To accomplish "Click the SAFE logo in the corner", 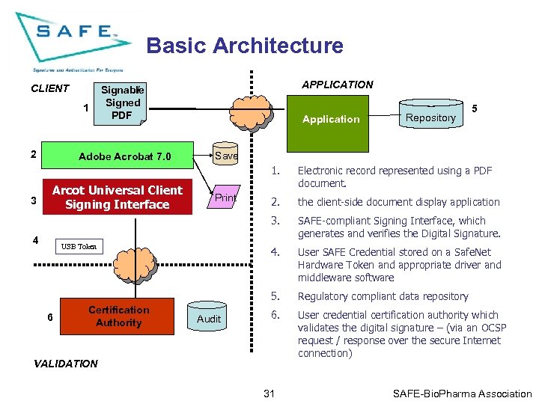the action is click(73, 42).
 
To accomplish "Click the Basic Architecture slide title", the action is click(245, 46).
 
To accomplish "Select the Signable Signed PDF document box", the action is click(121, 104).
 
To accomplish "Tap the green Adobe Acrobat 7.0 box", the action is click(118, 156).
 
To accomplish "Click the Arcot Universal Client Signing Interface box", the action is click(118, 197).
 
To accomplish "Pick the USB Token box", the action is click(79, 246).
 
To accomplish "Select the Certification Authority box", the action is click(118, 316).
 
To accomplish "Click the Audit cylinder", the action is click(207, 316).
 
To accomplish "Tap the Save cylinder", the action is click(225, 153).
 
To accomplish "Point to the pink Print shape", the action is click(224, 197).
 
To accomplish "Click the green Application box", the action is click(328, 123).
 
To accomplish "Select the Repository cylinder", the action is click(431, 114).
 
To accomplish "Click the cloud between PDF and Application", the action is click(252, 113).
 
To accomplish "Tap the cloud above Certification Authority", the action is click(135, 265).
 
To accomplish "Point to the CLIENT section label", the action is click(50, 88).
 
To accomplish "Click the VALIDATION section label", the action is click(66, 364).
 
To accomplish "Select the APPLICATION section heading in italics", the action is click(338, 85).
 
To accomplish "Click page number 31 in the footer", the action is click(269, 394).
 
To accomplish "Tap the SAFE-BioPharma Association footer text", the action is click(463, 394).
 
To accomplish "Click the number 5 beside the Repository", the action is click(475, 108).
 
